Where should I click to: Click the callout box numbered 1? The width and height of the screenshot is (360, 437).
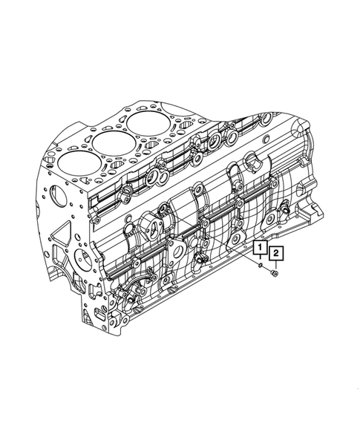point(261,248)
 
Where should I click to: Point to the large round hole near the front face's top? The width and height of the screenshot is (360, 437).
point(53,194)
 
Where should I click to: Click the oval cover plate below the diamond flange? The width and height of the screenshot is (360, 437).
point(176,252)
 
